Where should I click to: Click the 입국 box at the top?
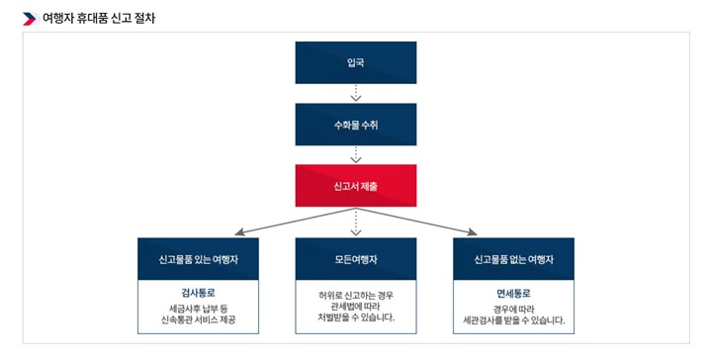pyautogui.click(x=356, y=61)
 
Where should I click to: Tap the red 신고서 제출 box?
pyautogui.click(x=356, y=185)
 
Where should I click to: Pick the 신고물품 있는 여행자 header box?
pyautogui.click(x=198, y=258)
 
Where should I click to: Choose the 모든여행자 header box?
pyautogui.click(x=356, y=258)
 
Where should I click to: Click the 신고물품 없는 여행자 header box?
pyautogui.click(x=513, y=258)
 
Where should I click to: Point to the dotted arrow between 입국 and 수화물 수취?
pyautogui.click(x=356, y=93)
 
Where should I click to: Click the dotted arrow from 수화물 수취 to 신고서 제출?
pyautogui.click(x=356, y=154)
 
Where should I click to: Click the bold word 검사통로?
pyautogui.click(x=198, y=293)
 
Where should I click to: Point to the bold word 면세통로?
pyautogui.click(x=513, y=293)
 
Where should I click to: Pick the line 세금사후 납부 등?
pyautogui.click(x=198, y=308)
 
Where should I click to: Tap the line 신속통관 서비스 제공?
pyautogui.click(x=198, y=321)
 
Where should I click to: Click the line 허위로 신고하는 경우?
pyautogui.click(x=356, y=294)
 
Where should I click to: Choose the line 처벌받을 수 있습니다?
pyautogui.click(x=356, y=318)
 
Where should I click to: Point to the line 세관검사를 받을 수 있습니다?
pyautogui.click(x=513, y=319)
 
